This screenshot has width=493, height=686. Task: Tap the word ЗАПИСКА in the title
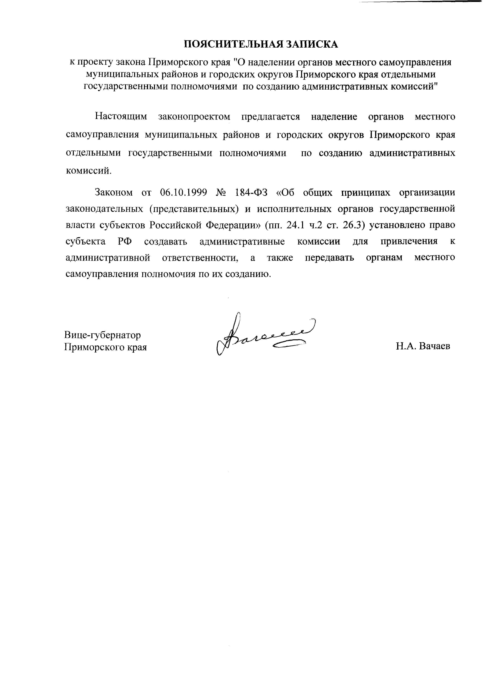(x=312, y=44)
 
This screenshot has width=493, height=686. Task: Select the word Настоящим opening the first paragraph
(x=121, y=117)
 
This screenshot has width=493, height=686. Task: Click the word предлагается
(x=270, y=117)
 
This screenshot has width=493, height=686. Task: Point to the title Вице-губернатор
(x=102, y=335)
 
